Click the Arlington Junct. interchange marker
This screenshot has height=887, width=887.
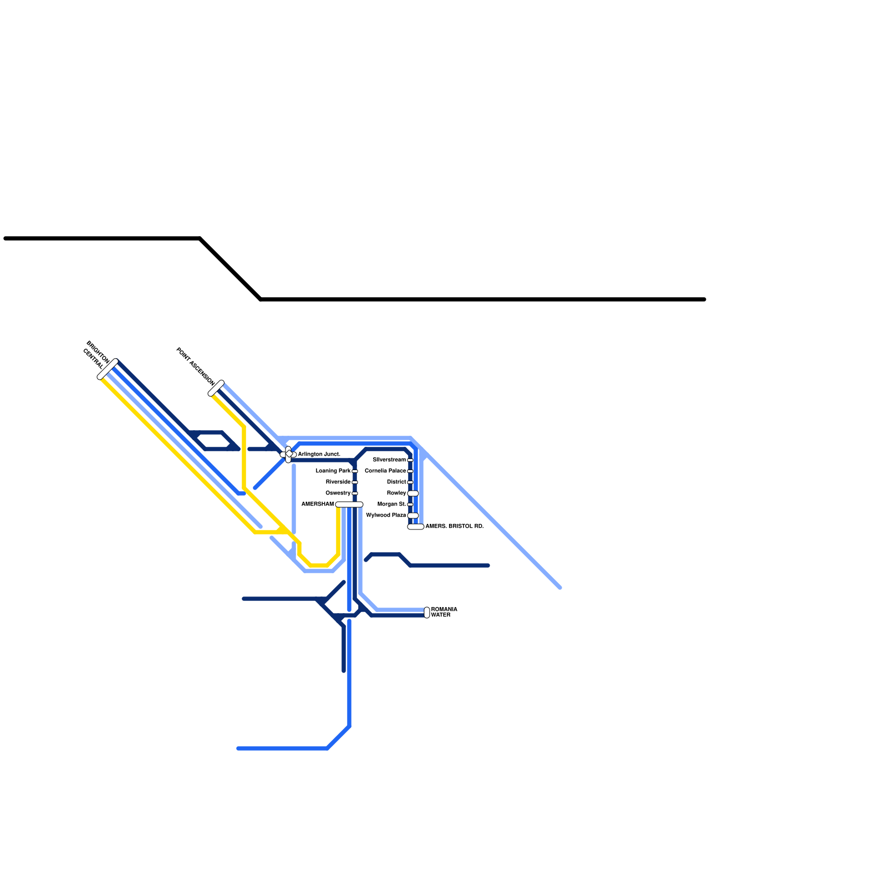288,455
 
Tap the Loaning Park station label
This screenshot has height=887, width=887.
333,471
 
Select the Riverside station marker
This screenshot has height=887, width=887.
355,482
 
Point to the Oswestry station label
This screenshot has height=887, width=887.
338,493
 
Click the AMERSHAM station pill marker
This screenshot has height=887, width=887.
349,504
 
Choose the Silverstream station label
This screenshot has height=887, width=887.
389,460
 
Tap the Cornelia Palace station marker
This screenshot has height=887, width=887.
410,471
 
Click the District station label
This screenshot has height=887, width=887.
396,482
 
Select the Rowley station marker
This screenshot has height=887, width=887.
413,493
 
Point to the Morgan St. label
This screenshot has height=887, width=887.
391,504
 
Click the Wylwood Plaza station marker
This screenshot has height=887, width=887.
413,516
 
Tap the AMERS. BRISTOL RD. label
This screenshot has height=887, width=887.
455,526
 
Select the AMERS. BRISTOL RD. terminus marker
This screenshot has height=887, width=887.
416,527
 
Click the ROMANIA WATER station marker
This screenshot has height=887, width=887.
427,613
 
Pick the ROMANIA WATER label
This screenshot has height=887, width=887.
444,613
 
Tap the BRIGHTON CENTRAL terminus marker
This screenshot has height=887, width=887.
108,369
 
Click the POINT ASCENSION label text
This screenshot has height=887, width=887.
195,366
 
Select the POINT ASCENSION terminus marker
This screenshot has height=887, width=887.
216,388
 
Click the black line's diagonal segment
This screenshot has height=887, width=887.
231,269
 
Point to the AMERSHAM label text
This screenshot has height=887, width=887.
318,504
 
